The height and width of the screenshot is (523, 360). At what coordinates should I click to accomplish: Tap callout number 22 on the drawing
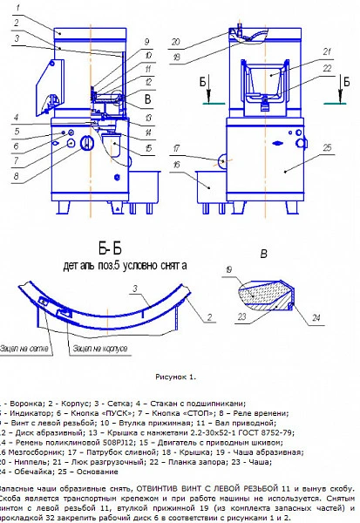click(x=325, y=68)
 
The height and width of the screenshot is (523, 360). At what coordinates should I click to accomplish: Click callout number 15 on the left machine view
click(x=149, y=148)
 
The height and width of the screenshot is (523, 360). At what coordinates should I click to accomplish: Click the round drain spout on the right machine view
click(x=222, y=161)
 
